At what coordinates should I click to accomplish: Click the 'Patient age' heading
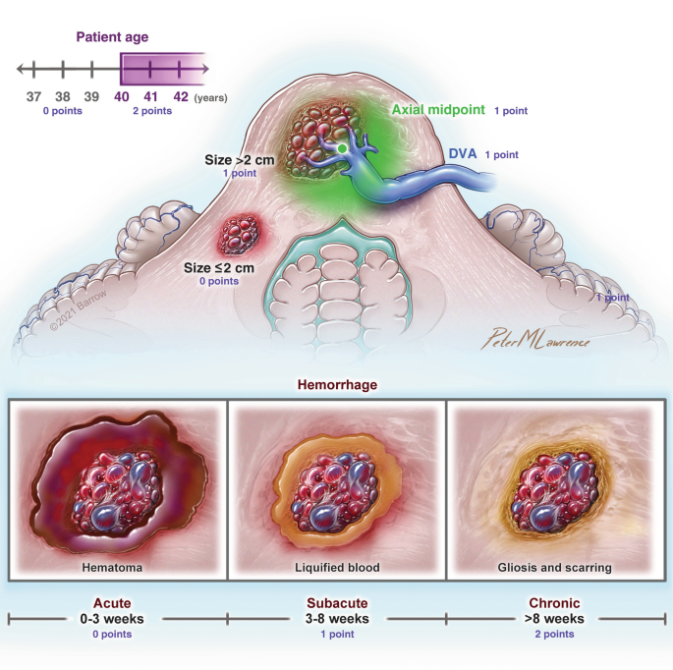112,38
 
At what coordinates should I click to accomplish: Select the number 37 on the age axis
33,96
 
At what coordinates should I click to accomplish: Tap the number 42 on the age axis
181,96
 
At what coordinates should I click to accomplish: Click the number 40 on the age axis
122,96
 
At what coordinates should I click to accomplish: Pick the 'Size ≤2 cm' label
220,266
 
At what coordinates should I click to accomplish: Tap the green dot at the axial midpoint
341,148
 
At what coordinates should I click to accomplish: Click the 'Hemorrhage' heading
336,384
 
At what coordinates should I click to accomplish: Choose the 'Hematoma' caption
117,567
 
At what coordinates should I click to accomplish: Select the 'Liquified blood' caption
336,567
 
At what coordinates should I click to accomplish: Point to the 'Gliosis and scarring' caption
556,567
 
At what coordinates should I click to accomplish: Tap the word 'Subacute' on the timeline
336,604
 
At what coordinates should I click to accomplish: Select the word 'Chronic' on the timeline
556,604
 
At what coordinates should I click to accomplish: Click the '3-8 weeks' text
336,619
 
